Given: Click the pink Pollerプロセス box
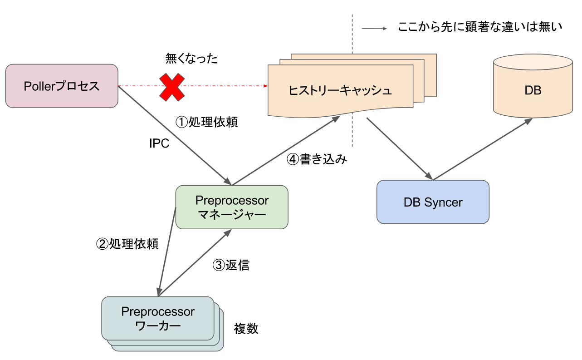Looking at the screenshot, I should point(62,86).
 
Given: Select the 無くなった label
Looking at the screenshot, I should point(191,59).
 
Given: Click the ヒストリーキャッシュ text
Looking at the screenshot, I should point(340,90).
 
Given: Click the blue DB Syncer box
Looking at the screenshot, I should point(433,202).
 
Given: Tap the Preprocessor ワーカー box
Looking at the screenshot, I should point(157,319).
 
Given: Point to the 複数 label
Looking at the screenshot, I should point(246,328).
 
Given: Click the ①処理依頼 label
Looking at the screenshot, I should point(206,122).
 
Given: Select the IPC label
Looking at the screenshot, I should point(159,143).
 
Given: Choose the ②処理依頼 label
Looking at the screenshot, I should point(127,244).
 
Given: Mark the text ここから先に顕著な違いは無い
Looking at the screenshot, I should point(480,27).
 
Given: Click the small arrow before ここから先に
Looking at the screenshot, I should point(374,29).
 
